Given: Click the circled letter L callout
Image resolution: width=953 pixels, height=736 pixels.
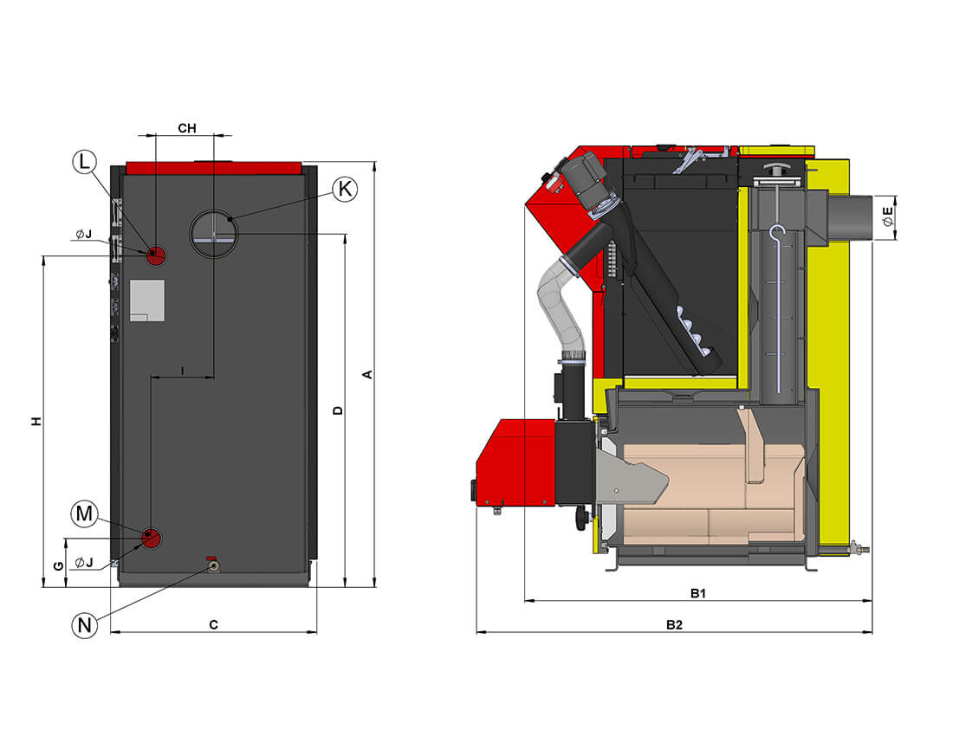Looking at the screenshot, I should (83, 162).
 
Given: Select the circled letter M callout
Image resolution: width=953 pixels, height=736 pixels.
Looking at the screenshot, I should (84, 514).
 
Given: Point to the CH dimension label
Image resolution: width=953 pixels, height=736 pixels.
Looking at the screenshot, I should (187, 128).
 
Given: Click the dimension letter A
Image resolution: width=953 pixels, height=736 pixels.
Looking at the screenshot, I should (367, 374).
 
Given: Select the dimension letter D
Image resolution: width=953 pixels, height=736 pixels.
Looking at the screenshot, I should (339, 410).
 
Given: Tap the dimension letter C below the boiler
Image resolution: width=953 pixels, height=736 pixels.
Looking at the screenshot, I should (213, 624).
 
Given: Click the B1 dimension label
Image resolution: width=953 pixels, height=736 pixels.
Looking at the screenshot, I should (698, 593).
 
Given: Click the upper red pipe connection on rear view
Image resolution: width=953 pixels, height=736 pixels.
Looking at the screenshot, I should (156, 255).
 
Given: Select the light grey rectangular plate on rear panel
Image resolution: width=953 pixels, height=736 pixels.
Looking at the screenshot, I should (146, 300).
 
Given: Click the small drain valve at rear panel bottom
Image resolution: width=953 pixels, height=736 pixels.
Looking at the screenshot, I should (212, 565).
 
